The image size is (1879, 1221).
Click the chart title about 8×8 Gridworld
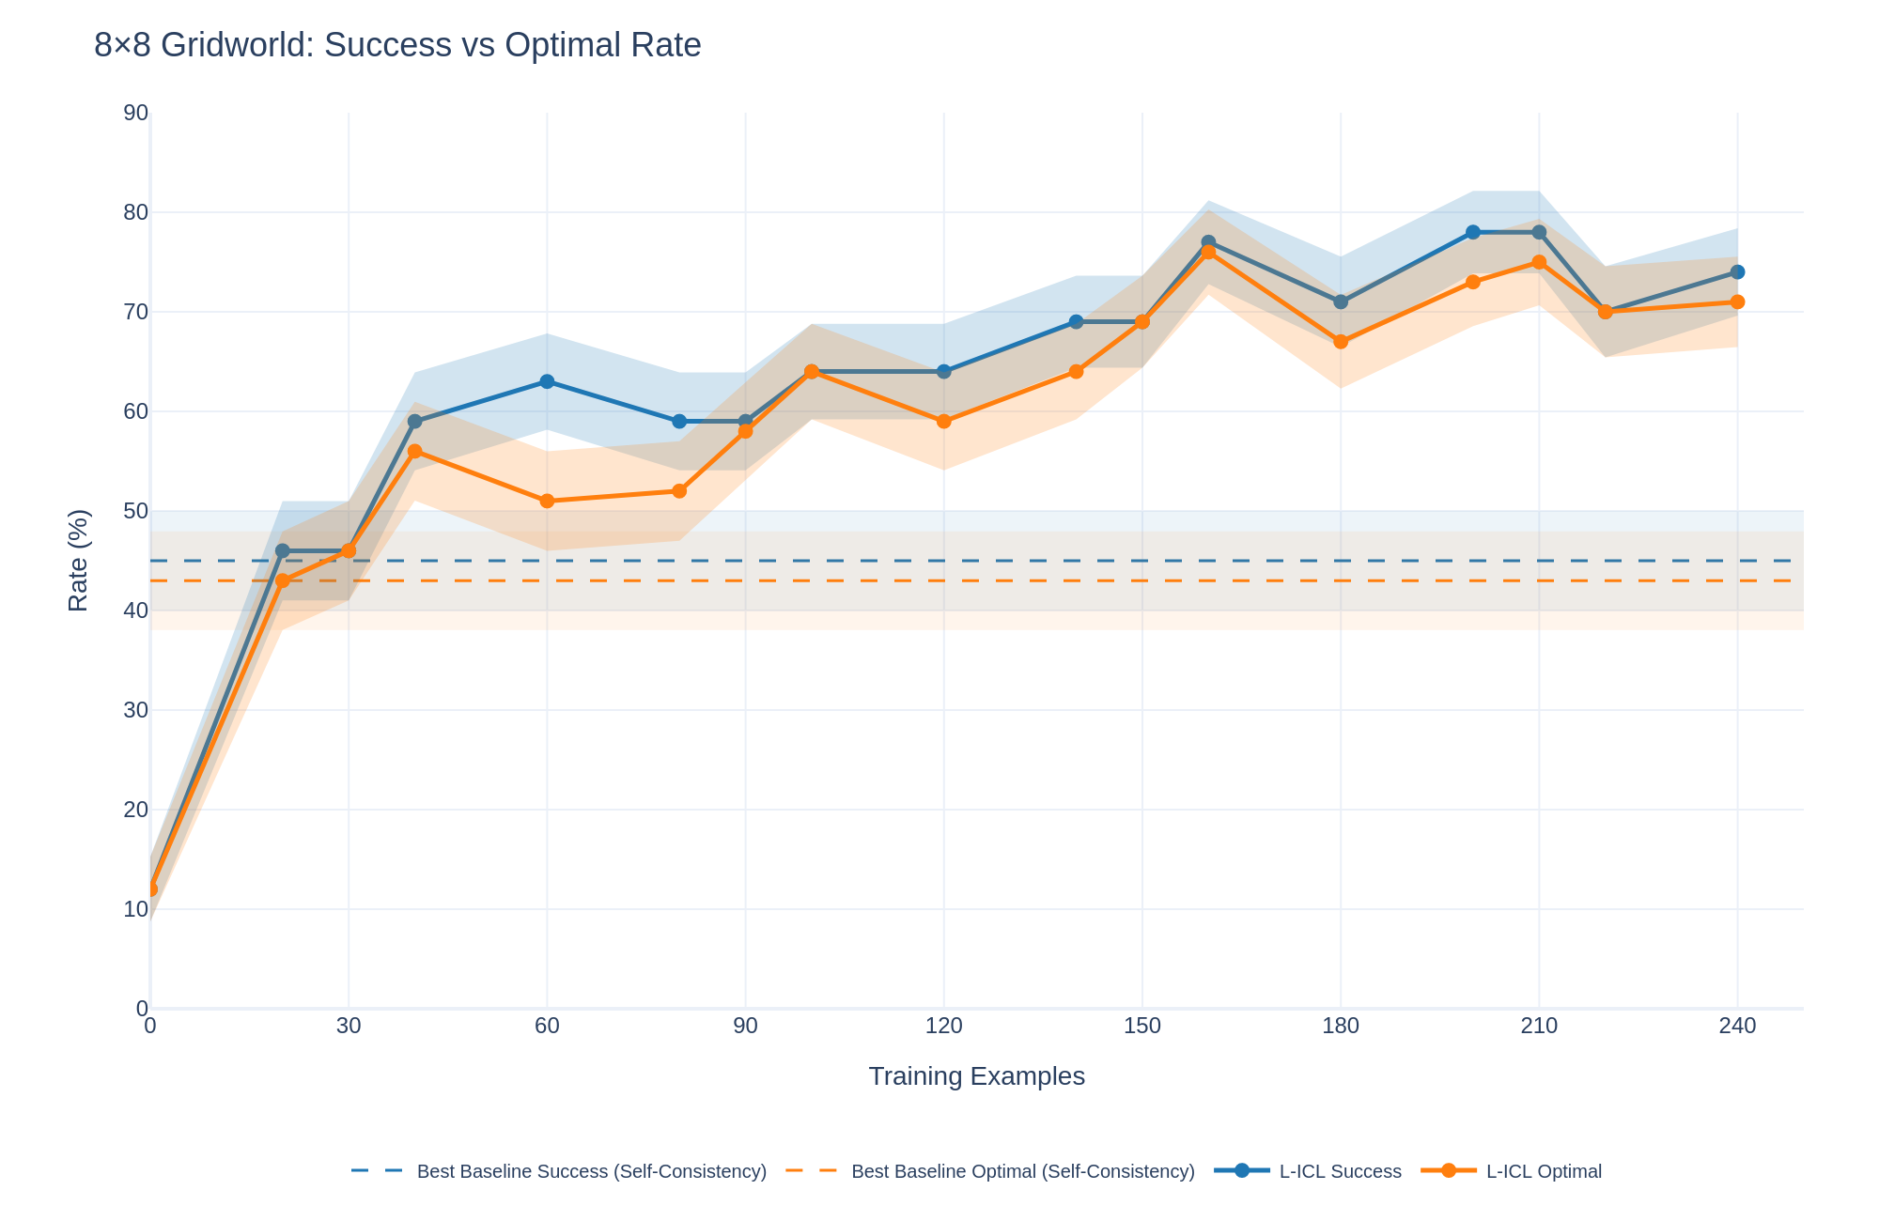[x=397, y=45]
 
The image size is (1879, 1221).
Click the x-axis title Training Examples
[x=976, y=1076]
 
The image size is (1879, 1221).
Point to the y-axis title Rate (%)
[x=79, y=561]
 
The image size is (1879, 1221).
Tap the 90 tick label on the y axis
[x=136, y=114]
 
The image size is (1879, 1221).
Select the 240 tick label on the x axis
[x=1737, y=1027]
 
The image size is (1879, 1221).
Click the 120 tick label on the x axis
[x=943, y=1027]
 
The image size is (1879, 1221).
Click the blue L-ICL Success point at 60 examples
[x=547, y=381]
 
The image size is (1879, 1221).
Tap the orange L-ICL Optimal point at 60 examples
[x=547, y=501]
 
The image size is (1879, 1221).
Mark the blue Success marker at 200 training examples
[x=1472, y=232]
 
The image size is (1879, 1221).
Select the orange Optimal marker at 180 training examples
[x=1341, y=342]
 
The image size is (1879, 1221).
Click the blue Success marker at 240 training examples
[x=1737, y=272]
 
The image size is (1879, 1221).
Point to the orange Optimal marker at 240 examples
[x=1737, y=301]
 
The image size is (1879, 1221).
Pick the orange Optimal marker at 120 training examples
[x=943, y=422]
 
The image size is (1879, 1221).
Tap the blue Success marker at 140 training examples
[x=1076, y=322]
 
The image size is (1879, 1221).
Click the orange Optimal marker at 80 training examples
[x=679, y=491]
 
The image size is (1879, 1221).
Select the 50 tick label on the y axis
[x=136, y=511]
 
